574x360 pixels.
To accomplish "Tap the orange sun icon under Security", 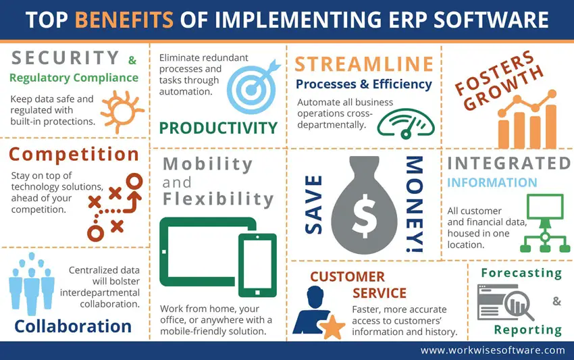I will click(x=120, y=109).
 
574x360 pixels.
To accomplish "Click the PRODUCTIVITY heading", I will click(x=218, y=127).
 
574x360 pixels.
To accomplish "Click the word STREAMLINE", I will click(x=364, y=64).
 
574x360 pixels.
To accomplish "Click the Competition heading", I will click(x=74, y=155).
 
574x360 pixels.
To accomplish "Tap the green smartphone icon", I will click(x=257, y=264).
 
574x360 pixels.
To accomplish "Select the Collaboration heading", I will click(x=73, y=326).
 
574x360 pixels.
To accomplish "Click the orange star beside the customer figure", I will click(x=332, y=328).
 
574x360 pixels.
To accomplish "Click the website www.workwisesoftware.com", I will click(x=492, y=350).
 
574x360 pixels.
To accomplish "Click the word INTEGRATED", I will click(x=508, y=163).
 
